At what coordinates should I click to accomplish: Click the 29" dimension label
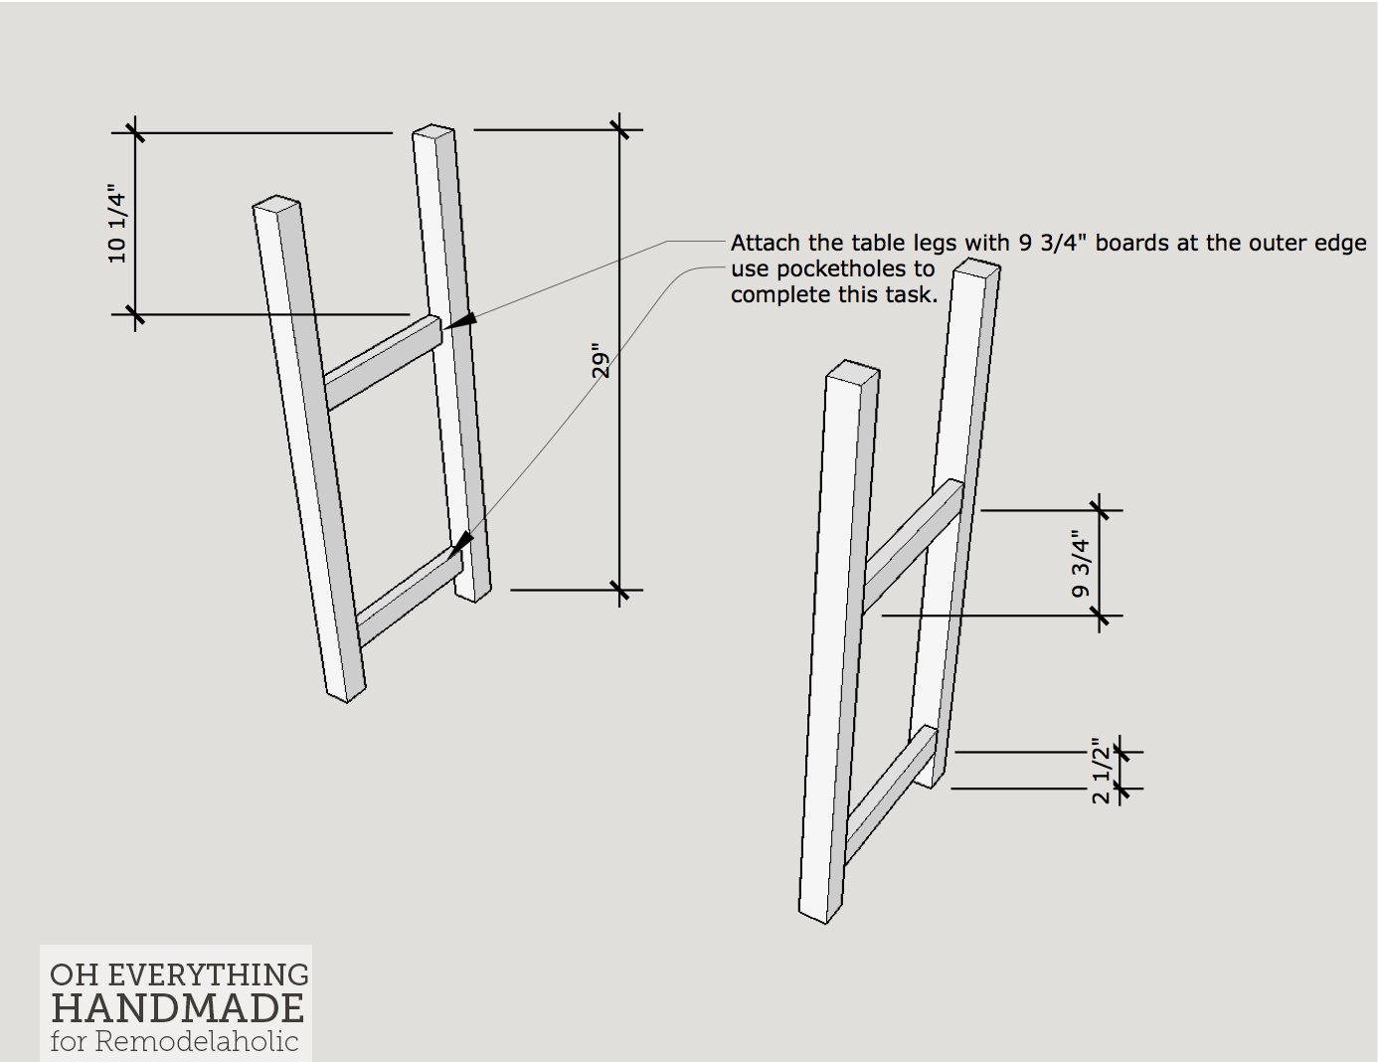[x=600, y=361]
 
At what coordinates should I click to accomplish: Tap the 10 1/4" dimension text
[x=117, y=224]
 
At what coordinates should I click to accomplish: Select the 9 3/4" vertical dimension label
[x=1080, y=564]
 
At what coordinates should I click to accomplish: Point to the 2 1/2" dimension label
[x=1102, y=771]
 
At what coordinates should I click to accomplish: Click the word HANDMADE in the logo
[x=177, y=1008]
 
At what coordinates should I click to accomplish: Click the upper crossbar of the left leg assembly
[x=383, y=363]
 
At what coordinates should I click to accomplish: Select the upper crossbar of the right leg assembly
[x=912, y=546]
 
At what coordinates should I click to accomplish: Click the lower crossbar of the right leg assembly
[x=891, y=796]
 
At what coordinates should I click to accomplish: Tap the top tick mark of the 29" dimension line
[x=619, y=129]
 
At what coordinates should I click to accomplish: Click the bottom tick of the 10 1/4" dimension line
[x=135, y=314]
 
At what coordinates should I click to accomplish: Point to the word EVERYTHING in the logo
[x=208, y=974]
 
